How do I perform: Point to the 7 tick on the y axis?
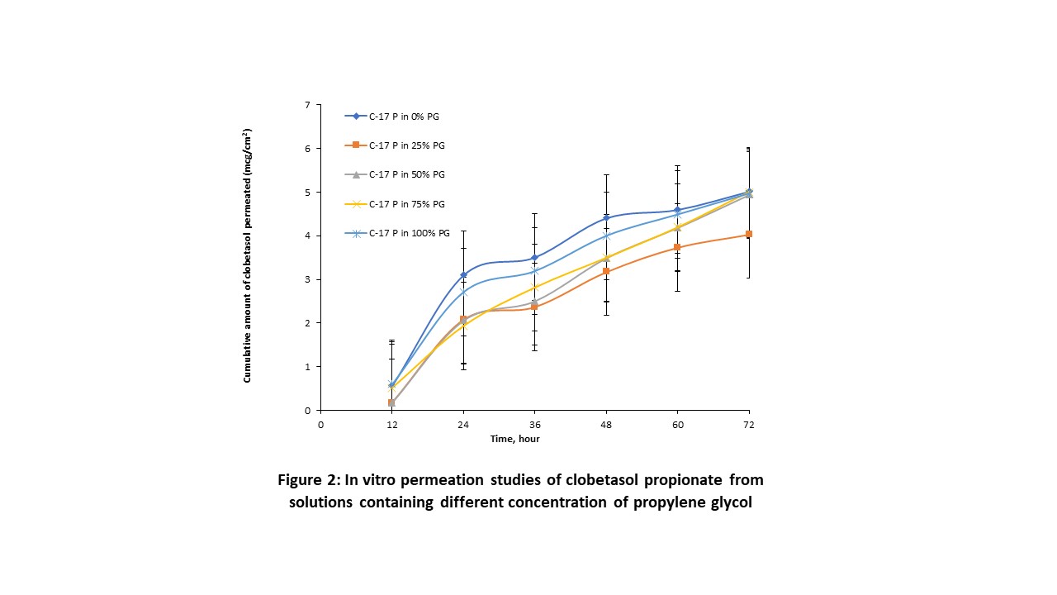coord(307,105)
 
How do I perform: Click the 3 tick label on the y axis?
coord(307,279)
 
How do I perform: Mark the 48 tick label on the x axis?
coord(606,424)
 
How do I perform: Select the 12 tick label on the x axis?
coord(392,424)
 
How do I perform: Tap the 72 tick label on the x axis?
coord(749,424)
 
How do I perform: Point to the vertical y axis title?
coord(247,255)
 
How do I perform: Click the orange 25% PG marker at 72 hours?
coord(749,235)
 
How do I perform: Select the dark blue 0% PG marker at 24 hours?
coord(464,274)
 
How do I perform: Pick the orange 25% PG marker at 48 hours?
coord(606,271)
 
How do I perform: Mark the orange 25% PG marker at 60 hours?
coord(677,247)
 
